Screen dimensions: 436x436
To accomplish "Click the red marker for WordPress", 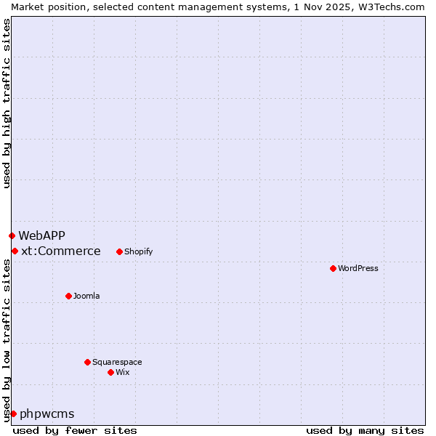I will click(333, 268).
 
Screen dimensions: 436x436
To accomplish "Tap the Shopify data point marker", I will click(119, 251).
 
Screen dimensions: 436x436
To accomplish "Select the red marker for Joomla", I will click(68, 296).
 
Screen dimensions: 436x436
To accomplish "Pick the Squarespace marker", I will click(87, 362).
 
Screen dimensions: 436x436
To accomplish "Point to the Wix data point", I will click(110, 372).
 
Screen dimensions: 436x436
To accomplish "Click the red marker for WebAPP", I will click(12, 235).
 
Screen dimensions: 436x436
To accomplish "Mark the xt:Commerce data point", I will click(15, 251).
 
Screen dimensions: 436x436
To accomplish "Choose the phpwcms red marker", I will click(13, 413).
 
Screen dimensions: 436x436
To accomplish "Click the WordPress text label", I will click(358, 268).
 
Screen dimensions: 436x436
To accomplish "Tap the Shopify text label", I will click(138, 251).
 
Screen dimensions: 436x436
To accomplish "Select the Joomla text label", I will click(86, 296).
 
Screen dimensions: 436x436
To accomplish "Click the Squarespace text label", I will click(117, 362).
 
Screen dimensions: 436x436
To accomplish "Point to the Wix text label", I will click(122, 372).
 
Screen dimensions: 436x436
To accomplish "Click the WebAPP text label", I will click(41, 235).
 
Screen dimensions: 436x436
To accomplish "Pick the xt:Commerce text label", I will click(61, 251).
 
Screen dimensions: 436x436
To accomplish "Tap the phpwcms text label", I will click(47, 413).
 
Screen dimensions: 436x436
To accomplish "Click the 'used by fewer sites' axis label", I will click(75, 430).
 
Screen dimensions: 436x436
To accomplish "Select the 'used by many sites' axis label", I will click(365, 430).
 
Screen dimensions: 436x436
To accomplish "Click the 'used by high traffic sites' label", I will click(7, 103).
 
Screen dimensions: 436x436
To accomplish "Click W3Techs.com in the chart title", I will click(392, 7).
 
